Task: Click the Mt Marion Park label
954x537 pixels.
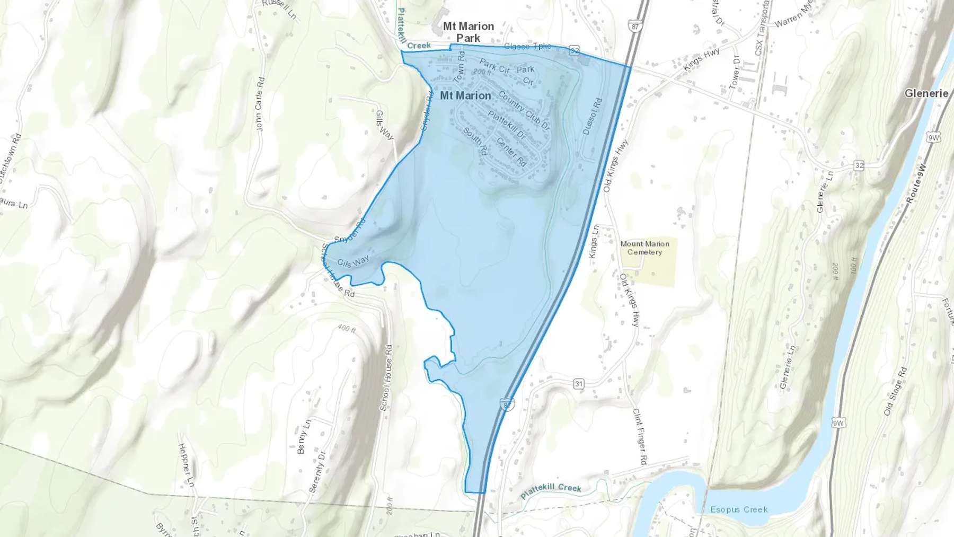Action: (x=469, y=32)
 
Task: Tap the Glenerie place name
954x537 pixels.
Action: (x=926, y=93)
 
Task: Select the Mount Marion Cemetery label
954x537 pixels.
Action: (x=644, y=248)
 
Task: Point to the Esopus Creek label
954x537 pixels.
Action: (x=739, y=509)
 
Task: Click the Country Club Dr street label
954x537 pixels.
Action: (x=524, y=111)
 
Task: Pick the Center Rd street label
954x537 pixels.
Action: (x=511, y=152)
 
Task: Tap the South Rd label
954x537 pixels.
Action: (x=475, y=141)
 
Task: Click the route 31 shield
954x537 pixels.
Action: (x=579, y=383)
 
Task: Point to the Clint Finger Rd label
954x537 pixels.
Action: (x=640, y=436)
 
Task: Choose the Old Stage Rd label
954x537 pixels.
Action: (x=895, y=390)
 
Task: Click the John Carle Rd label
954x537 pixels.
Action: (x=259, y=104)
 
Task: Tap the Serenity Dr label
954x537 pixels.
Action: (x=316, y=472)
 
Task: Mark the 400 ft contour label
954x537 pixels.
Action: (x=346, y=329)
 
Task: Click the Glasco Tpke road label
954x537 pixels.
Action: (x=527, y=47)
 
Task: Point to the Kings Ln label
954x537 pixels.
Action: (x=594, y=242)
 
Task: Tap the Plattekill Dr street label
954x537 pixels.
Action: (x=507, y=125)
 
